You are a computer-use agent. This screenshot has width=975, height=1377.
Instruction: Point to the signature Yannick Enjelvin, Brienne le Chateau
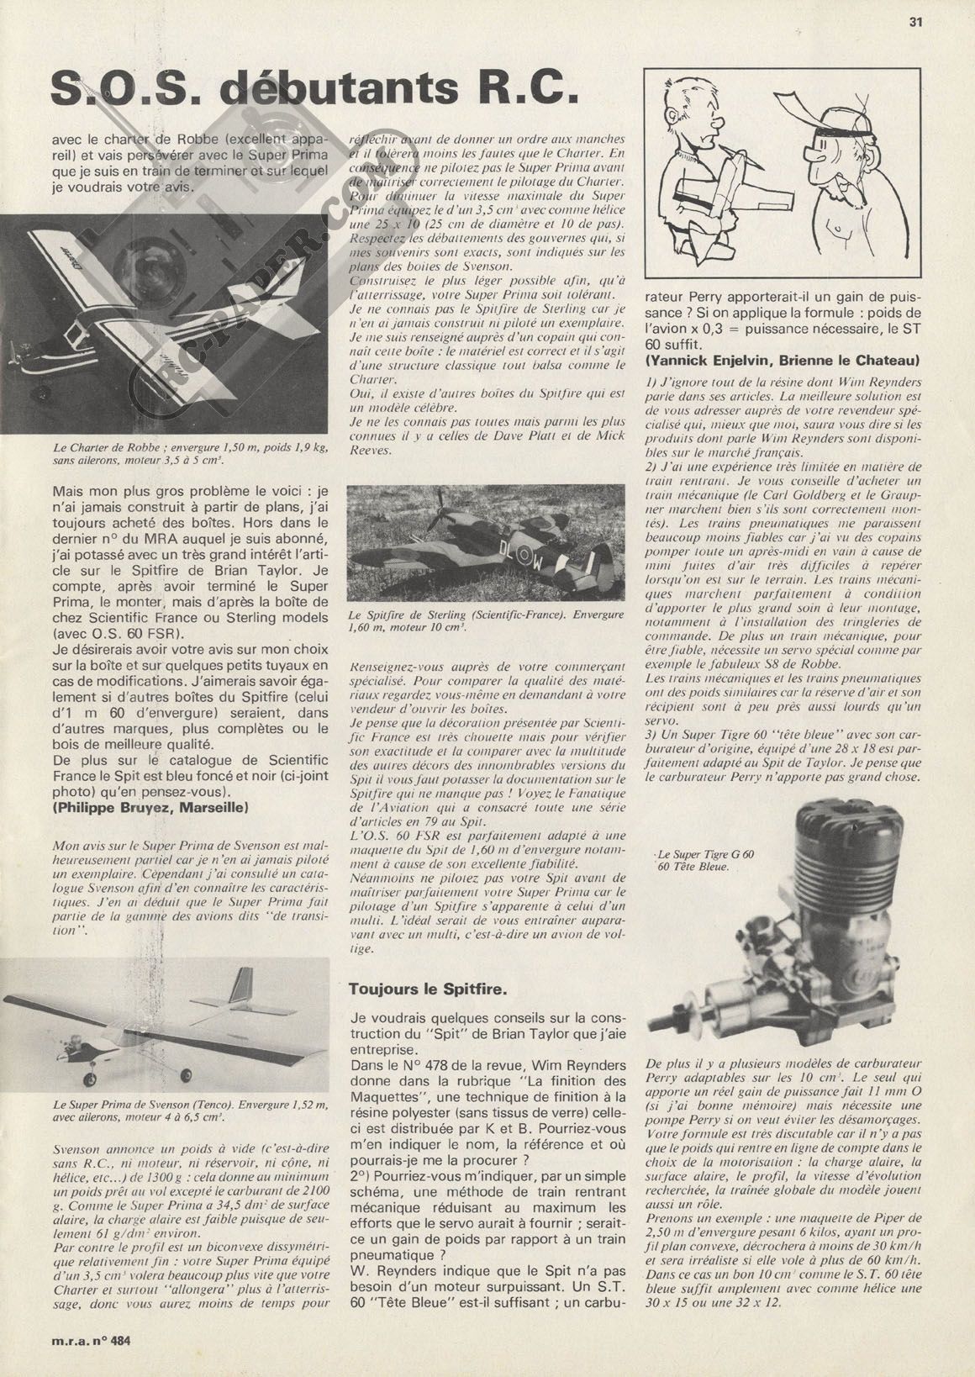click(782, 360)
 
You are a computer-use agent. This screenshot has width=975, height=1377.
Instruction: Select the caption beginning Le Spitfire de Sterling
click(487, 620)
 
